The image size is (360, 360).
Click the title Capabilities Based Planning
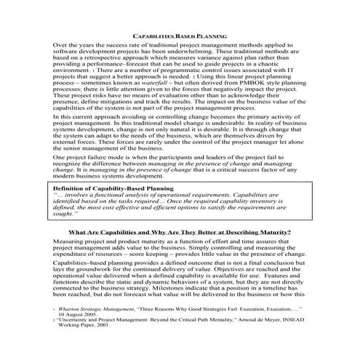tap(180, 35)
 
